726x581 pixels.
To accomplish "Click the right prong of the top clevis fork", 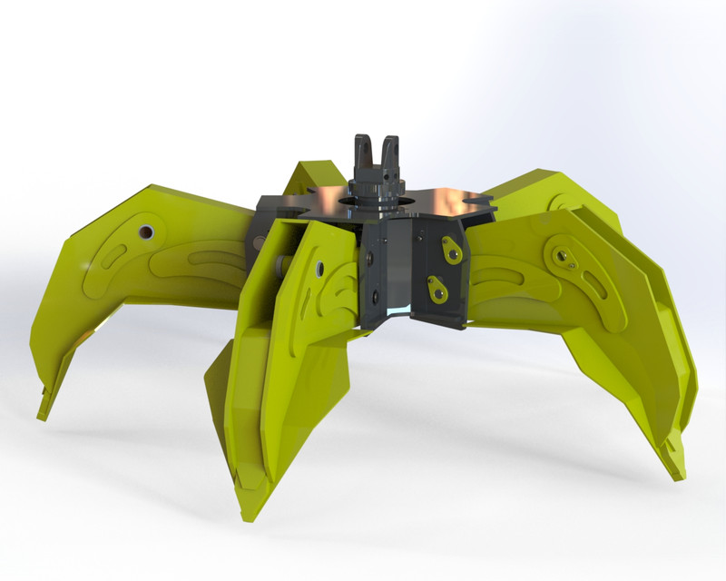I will (x=390, y=152).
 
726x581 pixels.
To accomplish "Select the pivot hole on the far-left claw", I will (x=145, y=232).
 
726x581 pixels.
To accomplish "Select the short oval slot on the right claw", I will (x=594, y=287).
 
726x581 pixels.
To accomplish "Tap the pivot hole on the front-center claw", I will (x=319, y=268).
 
